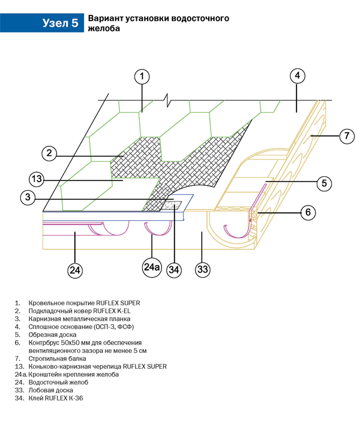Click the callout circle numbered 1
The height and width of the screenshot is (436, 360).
[x=142, y=77]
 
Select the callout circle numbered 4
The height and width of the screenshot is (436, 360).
[x=298, y=76]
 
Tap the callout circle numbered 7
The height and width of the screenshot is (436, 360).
[x=347, y=136]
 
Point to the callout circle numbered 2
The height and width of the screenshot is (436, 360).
[x=50, y=154]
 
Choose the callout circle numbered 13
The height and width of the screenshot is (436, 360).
[x=37, y=178]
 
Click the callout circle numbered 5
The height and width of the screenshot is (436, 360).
[x=323, y=183]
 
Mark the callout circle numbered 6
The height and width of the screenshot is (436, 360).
[x=307, y=212]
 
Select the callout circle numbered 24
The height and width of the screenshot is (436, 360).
[x=74, y=270]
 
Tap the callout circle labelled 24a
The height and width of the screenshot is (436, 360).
[x=152, y=266]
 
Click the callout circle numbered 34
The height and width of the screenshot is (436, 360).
[x=174, y=270]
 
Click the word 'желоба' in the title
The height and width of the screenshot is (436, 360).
[x=100, y=28]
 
